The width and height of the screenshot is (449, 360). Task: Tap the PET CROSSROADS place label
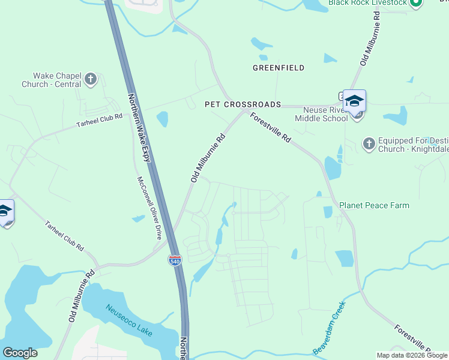(x=243, y=104)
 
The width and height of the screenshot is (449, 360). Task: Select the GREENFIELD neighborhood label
(x=278, y=68)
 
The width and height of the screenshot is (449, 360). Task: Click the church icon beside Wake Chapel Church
(x=90, y=79)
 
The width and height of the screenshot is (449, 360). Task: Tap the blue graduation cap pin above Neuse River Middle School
(x=354, y=100)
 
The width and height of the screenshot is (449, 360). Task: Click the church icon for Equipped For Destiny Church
(x=369, y=143)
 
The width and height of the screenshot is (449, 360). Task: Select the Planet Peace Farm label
(x=374, y=205)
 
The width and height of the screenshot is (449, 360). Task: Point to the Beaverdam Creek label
(x=330, y=327)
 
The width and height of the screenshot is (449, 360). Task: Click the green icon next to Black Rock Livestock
(x=415, y=3)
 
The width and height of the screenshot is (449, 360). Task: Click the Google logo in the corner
(x=20, y=353)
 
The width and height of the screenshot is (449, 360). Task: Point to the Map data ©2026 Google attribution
(x=411, y=355)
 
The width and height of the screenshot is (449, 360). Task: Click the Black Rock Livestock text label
(x=367, y=3)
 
